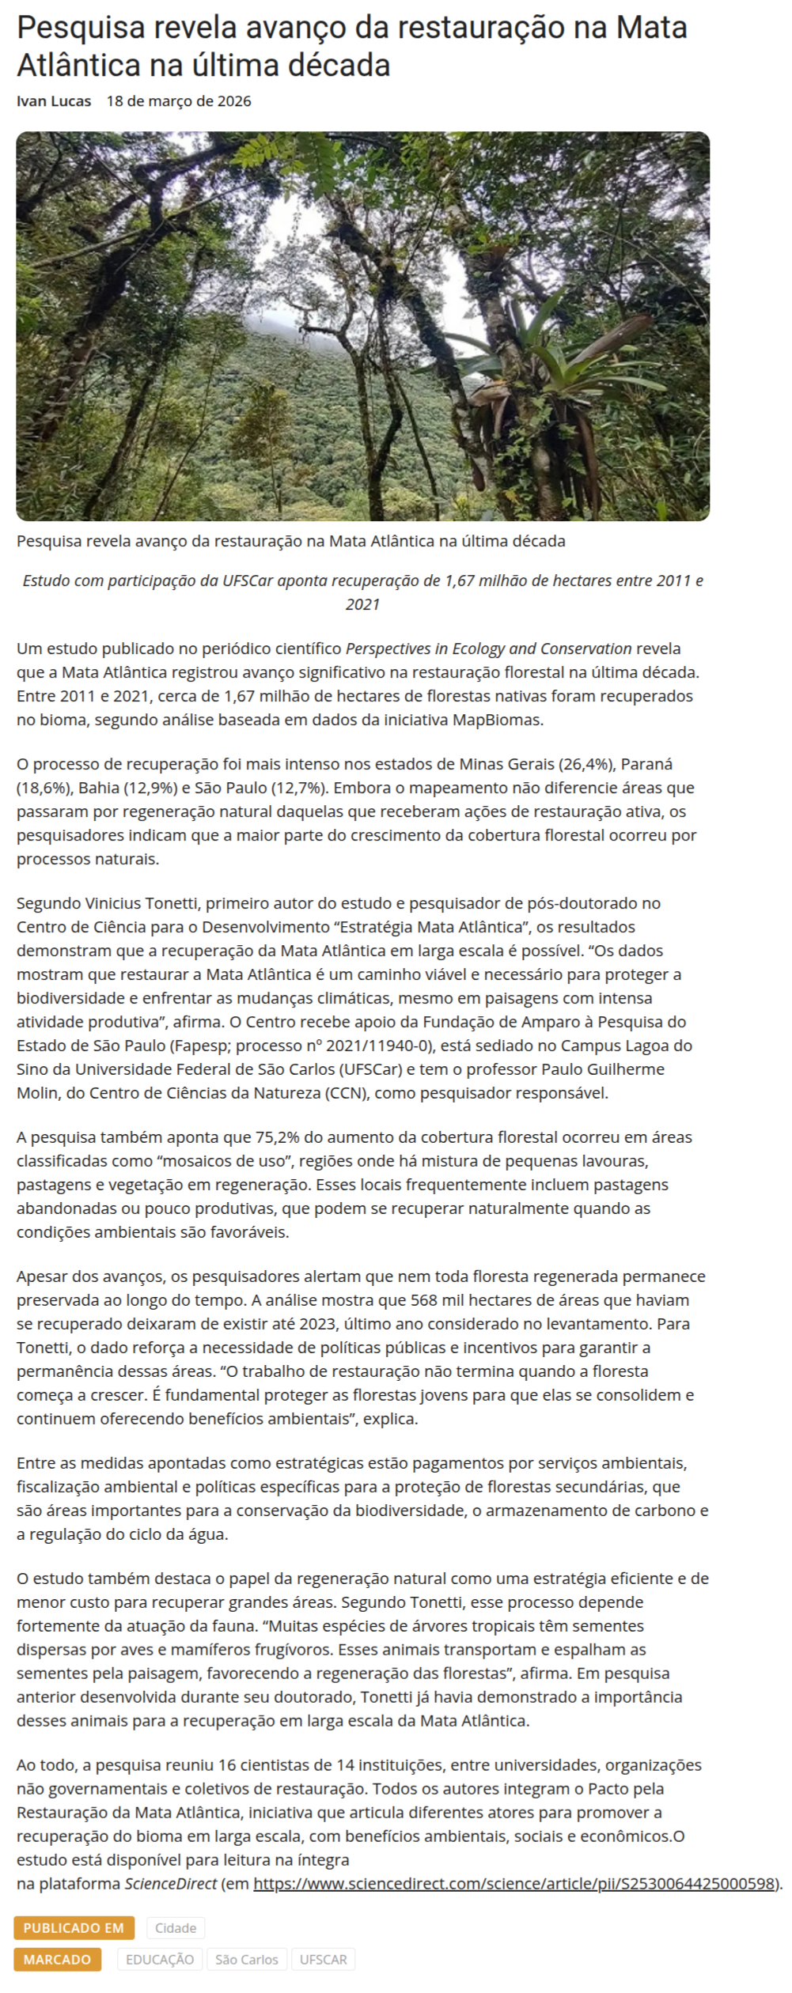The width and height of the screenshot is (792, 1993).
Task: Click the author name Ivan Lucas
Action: pyautogui.click(x=54, y=101)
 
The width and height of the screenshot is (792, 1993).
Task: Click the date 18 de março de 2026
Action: pyautogui.click(x=179, y=101)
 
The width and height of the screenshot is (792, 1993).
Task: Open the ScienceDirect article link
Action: pyautogui.click(x=513, y=1883)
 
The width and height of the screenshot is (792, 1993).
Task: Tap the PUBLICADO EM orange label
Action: pyautogui.click(x=74, y=1927)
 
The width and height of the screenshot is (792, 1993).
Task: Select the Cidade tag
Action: pyautogui.click(x=176, y=1927)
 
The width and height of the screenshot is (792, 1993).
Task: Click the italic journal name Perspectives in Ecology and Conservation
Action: pyautogui.click(x=488, y=649)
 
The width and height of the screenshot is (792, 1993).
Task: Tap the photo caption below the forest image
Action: pyautogui.click(x=290, y=542)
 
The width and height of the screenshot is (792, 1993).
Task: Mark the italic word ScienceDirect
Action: pyautogui.click(x=171, y=1883)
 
